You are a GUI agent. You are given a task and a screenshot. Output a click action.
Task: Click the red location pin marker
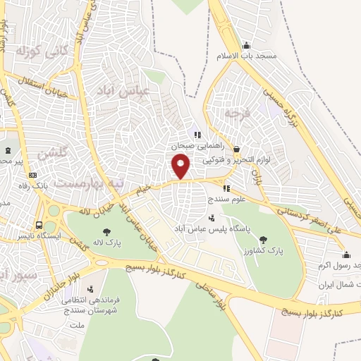coord(181,166)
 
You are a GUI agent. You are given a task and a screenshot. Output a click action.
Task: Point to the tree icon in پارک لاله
coord(106,231)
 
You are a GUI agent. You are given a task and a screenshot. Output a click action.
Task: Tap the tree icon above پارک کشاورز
coord(263,240)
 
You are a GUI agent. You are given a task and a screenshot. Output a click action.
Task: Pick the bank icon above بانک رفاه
coord(32,175)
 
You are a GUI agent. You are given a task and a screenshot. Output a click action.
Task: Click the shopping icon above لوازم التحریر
coord(235,149)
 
